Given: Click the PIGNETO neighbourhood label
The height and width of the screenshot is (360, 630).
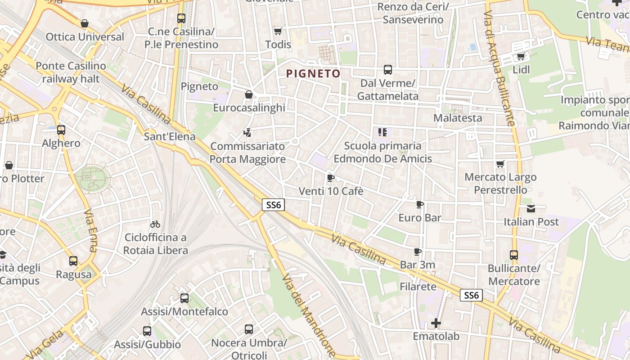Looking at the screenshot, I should [313, 73].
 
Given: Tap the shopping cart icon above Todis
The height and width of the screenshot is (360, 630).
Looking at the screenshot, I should [278, 31].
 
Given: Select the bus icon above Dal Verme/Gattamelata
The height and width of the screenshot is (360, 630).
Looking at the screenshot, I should [387, 70].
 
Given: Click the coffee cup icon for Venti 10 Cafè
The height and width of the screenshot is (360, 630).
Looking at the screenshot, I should [331, 178].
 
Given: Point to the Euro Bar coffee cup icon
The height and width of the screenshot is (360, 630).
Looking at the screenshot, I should [419, 204].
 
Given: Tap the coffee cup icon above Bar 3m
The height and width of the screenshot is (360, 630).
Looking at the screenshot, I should [418, 252].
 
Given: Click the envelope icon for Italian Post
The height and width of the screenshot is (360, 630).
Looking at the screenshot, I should [531, 208].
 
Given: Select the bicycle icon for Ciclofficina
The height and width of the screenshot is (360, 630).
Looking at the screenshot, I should [155, 224].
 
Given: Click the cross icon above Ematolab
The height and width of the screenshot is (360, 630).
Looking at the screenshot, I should [436, 323].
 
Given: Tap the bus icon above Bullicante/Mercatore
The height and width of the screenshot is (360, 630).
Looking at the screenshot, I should [514, 255].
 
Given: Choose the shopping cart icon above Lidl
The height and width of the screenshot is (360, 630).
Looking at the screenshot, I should [521, 56].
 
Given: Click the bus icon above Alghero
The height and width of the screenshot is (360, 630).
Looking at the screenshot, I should [61, 130].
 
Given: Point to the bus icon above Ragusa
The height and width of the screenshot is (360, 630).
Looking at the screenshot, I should [73, 261].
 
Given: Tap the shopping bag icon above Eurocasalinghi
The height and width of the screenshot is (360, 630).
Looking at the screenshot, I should [248, 94].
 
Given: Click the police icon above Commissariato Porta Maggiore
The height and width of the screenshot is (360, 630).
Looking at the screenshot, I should [247, 132].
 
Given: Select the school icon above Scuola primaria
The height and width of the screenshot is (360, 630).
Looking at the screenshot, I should [382, 132].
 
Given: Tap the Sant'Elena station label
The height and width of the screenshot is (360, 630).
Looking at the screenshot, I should [170, 136].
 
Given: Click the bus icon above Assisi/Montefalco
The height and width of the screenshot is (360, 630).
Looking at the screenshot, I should [184, 298].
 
